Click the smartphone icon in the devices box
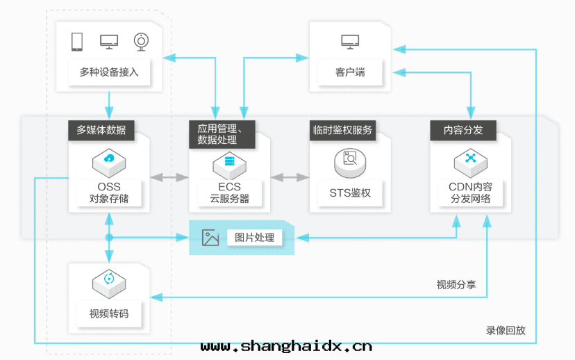tap(77, 42)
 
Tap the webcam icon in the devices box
tap(141, 41)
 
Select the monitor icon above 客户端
tap(350, 42)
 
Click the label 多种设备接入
tap(109, 72)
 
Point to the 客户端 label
tap(350, 72)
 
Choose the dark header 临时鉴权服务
tap(342, 130)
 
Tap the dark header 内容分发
tap(462, 130)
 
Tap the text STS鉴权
tap(350, 193)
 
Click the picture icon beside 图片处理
tap(210, 238)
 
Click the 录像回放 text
tap(506, 330)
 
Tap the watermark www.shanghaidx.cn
tap(286, 346)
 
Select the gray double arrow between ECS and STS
tap(290, 178)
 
